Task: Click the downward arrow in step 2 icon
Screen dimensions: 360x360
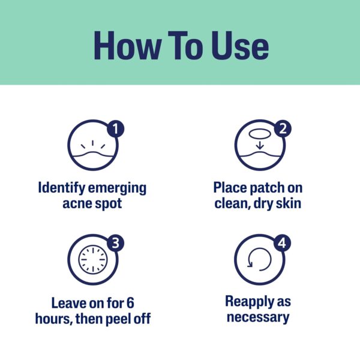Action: pos(259,145)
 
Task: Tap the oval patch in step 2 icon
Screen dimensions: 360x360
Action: pos(259,134)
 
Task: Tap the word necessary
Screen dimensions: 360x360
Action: pos(258,317)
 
